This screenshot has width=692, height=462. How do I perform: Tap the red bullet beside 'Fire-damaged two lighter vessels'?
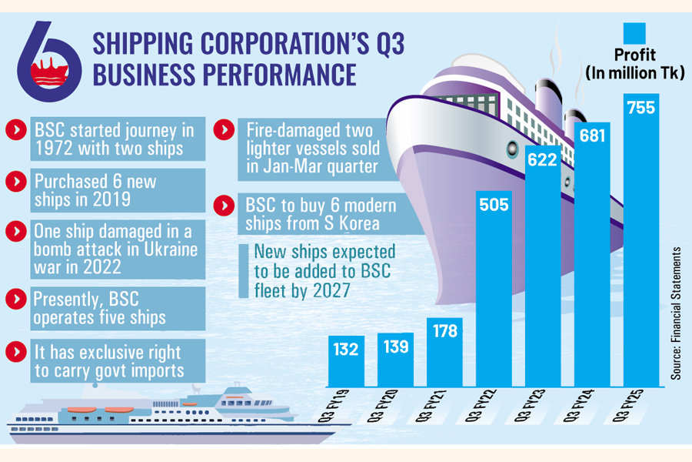[224, 130]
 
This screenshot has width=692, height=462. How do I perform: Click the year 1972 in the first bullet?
[52, 147]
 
